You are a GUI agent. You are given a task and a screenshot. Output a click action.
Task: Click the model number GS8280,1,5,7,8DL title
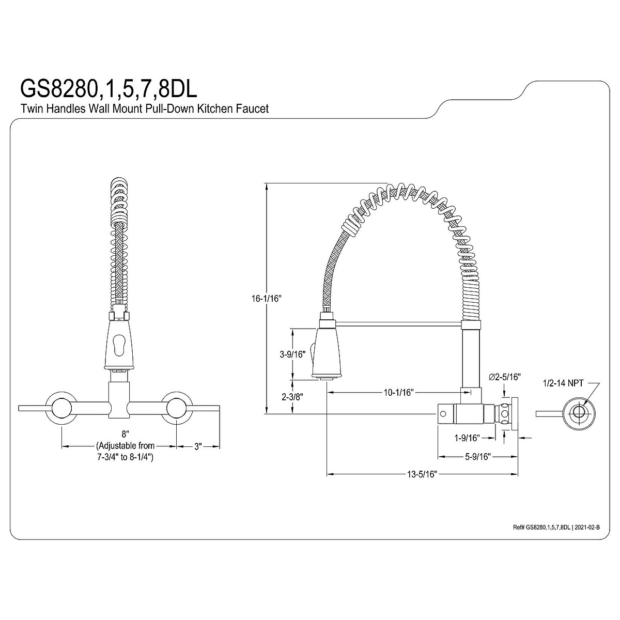108,88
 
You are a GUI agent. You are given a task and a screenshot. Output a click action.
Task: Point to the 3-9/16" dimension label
292,354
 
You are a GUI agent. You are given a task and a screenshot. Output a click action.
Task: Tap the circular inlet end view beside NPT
579,412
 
